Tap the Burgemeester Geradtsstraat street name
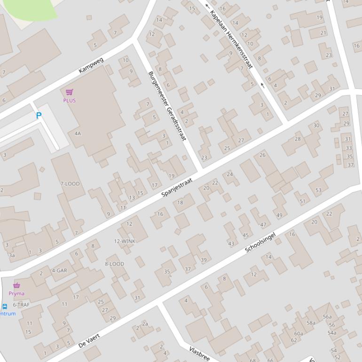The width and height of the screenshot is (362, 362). (167, 106)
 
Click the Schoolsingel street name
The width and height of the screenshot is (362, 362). (260, 242)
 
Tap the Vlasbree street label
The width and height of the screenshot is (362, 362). (199, 353)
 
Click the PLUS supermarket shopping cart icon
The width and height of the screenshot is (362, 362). (70, 92)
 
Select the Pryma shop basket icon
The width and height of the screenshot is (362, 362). (16, 285)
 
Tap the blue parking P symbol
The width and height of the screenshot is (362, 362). (39, 115)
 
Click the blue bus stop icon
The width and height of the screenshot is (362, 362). (5, 306)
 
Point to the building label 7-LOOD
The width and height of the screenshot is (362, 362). (70, 184)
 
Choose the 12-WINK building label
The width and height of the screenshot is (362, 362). (125, 241)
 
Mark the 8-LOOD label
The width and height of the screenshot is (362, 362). (115, 264)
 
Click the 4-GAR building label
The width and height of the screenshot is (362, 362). (59, 271)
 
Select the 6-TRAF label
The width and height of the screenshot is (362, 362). (21, 305)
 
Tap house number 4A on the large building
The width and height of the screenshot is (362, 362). (78, 134)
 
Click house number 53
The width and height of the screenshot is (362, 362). (318, 190)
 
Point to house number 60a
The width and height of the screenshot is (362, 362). (299, 334)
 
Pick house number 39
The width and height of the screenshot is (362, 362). (204, 260)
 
